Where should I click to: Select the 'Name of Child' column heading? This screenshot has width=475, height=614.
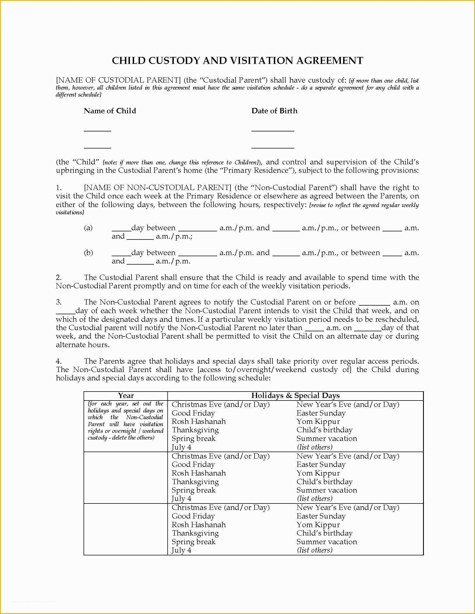pos(110,111)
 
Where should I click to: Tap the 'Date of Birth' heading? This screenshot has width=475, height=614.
pos(274,111)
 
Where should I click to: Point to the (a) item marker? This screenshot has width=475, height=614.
pos(88,228)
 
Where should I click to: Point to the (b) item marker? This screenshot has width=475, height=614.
pos(88,253)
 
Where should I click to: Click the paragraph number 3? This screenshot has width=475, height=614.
pos(58,302)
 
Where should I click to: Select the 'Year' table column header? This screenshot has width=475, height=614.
pos(126,395)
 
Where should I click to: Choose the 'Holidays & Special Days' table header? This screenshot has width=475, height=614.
pos(295,395)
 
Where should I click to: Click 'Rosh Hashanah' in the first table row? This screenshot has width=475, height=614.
pos(199,421)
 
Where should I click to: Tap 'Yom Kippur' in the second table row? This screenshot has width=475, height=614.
pos(318,473)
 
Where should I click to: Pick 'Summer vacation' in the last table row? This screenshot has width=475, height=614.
pos(326,542)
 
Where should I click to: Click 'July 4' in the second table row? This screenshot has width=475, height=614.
pos(182,499)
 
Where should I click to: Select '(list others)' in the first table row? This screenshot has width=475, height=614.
pos(315,447)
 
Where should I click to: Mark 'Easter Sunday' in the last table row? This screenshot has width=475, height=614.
pos(321,516)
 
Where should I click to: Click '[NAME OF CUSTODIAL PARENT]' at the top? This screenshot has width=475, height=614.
pos(118,80)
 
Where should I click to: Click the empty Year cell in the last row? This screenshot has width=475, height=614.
pos(126,529)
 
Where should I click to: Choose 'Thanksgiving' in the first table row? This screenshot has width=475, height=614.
pos(195,430)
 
